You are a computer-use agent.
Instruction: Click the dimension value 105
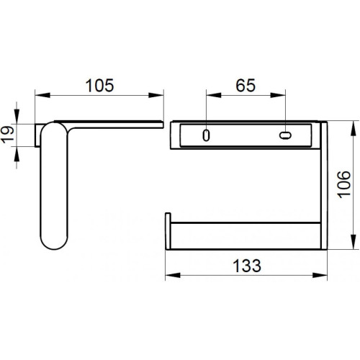click(99, 86)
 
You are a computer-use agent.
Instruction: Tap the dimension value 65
click(246, 86)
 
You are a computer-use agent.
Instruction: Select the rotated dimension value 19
click(8, 135)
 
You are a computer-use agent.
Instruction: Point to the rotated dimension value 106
click(344, 184)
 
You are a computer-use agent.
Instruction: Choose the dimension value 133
click(247, 266)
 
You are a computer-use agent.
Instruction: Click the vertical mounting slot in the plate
click(206, 135)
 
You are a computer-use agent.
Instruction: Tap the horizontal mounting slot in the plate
click(285, 135)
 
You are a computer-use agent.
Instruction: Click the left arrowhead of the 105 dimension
click(42, 95)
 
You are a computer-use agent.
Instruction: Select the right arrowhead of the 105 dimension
click(156, 95)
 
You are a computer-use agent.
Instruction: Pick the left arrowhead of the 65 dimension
click(214, 95)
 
